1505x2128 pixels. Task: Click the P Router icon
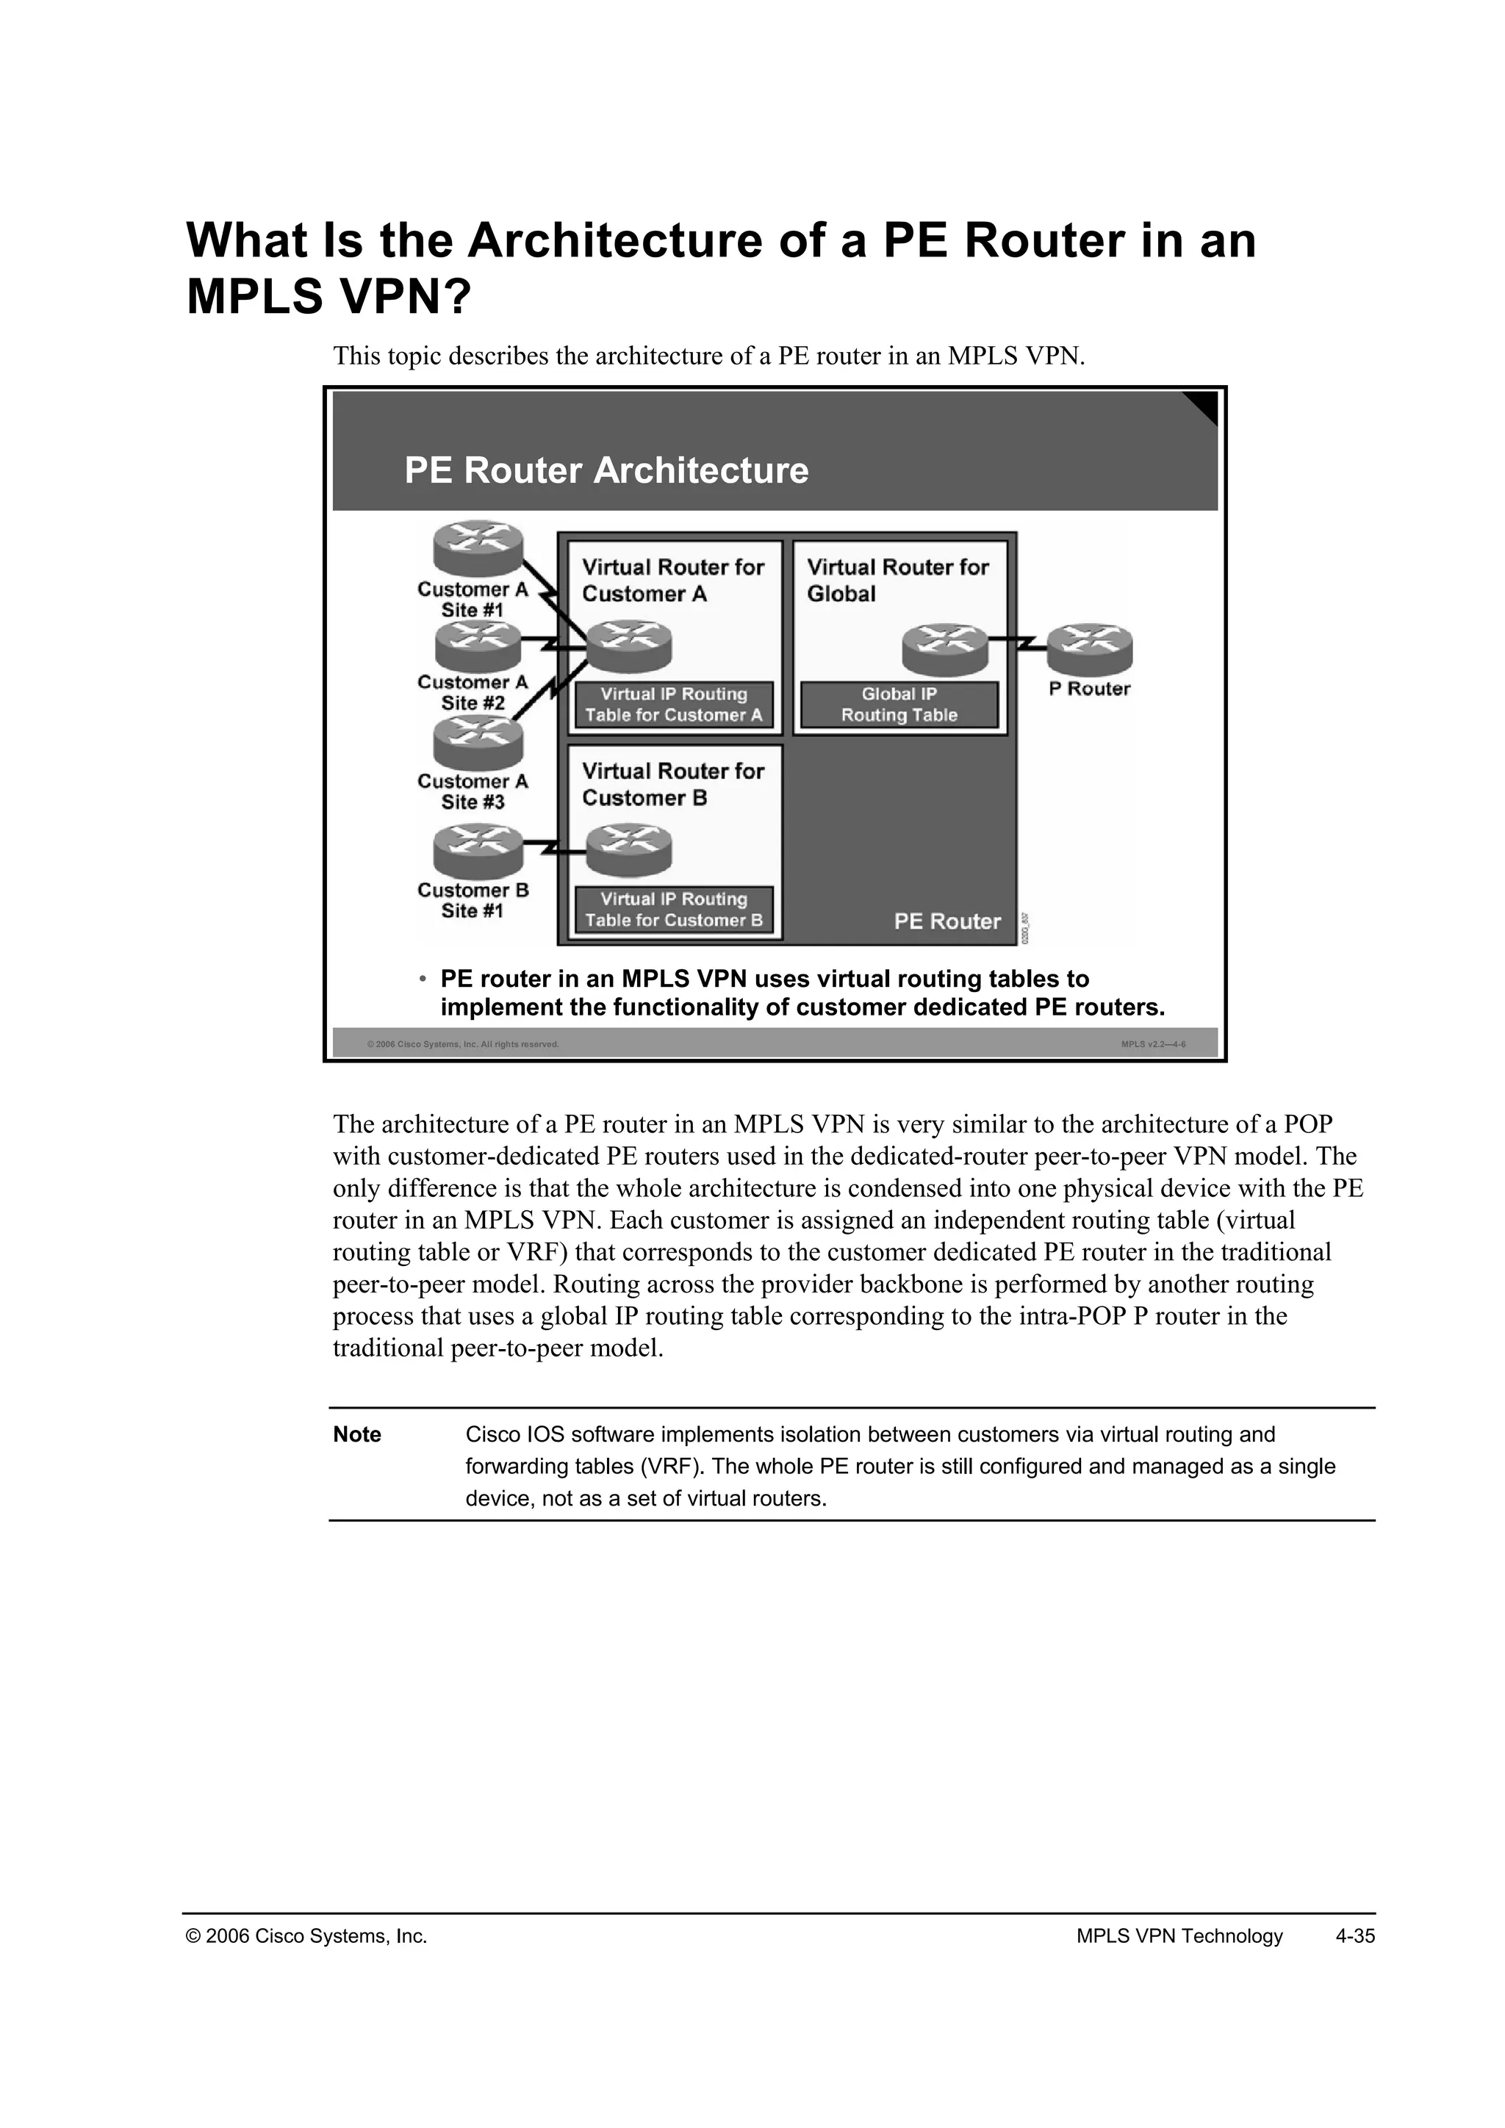pos(1090,648)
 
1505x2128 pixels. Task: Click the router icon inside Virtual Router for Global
pos(945,649)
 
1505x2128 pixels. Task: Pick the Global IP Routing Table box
pos(899,705)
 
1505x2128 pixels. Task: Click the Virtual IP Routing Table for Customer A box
pos(674,705)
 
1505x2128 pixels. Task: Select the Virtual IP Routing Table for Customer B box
pos(674,909)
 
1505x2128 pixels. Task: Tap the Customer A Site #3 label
pos(473,791)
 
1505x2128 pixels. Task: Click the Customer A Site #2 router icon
pos(478,646)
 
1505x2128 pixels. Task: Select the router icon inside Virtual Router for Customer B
pos(628,851)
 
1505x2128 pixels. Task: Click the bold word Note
pos(357,1435)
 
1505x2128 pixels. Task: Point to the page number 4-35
pos(1355,1936)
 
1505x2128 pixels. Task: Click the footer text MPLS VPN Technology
pos(1179,1936)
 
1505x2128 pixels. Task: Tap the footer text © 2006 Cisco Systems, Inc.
pos(306,1936)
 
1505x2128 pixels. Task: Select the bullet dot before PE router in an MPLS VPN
pos(422,979)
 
